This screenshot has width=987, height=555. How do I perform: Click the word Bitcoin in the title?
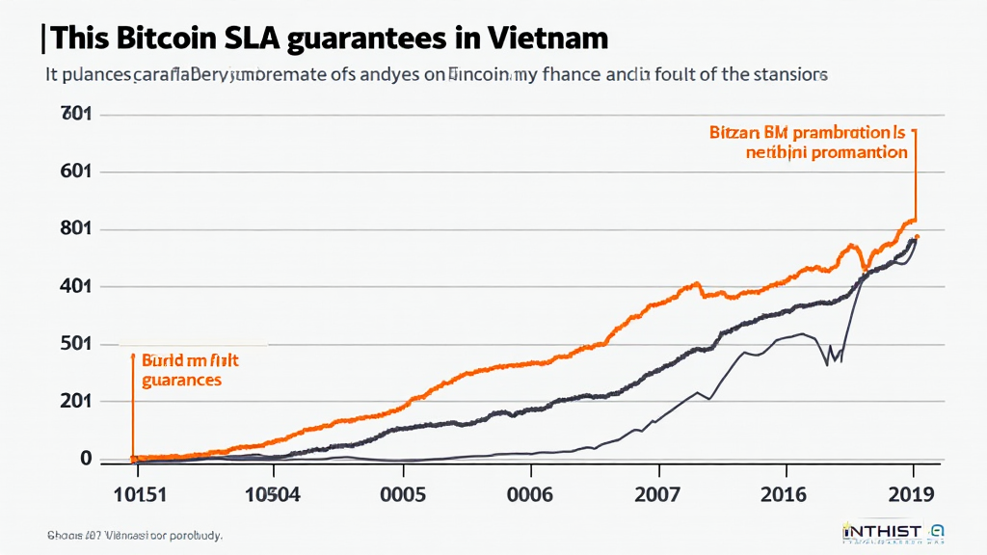click(x=170, y=39)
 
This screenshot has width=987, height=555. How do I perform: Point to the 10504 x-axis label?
click(x=274, y=495)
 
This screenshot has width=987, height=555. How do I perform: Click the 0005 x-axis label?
click(x=404, y=495)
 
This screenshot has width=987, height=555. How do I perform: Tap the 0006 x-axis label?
click(x=530, y=495)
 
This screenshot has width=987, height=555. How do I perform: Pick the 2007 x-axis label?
click(x=658, y=495)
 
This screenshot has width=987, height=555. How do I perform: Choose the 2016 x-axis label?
click(x=787, y=495)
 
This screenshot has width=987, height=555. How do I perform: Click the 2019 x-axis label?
click(x=911, y=495)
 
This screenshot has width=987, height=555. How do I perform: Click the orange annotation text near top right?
click(x=808, y=143)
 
